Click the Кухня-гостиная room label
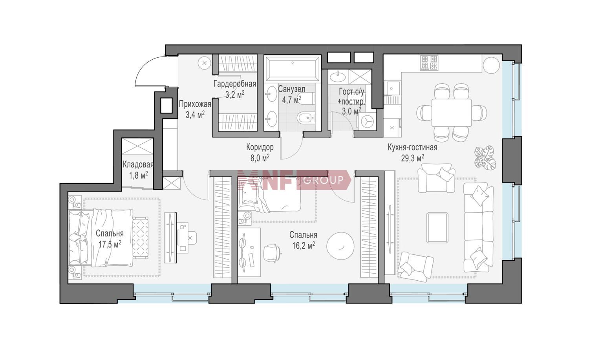tap(413, 148)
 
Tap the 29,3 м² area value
tap(413, 158)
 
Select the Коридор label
tap(260, 147)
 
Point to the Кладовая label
tap(138, 164)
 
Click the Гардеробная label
tap(235, 84)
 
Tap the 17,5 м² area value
tap(110, 244)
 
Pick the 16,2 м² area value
tap(304, 245)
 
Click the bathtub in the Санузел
tap(293, 68)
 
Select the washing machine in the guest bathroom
tap(366, 121)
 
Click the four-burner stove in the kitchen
tap(429, 62)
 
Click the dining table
tap(452, 113)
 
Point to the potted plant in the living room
tap(485, 157)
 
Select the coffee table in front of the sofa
tap(437, 227)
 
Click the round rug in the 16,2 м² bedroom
tap(340, 246)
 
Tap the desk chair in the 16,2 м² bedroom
tap(272, 253)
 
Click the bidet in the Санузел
tap(306, 118)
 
